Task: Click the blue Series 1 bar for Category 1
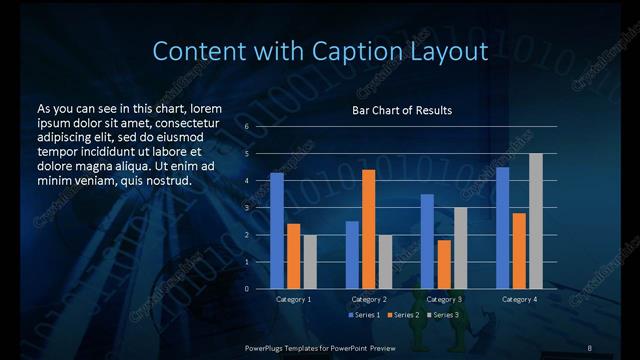(277, 230)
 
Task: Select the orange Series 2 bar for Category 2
(369, 229)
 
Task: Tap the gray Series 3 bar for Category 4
(536, 221)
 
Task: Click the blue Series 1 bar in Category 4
(503, 227)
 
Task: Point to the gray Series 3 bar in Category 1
(310, 261)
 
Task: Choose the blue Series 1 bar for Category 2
(352, 254)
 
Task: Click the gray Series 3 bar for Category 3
(461, 248)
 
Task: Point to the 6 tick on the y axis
(246, 127)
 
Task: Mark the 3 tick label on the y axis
(246, 208)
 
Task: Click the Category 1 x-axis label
(293, 299)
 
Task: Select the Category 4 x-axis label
(519, 299)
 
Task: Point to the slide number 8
(589, 346)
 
